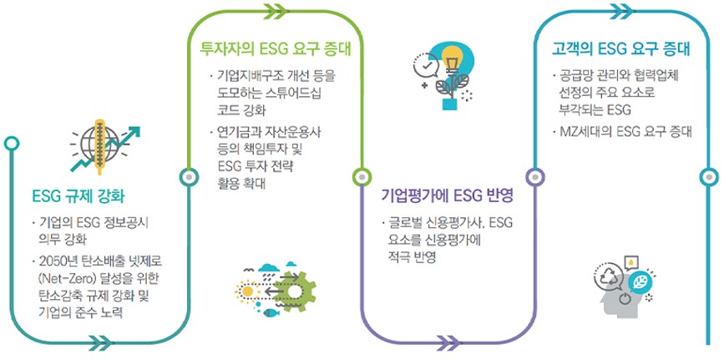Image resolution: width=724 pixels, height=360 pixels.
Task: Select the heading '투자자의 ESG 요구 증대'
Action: click(x=275, y=48)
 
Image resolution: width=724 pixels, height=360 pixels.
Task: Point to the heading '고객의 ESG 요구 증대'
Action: click(x=621, y=48)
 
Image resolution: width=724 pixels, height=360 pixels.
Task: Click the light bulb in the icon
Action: click(x=452, y=60)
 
